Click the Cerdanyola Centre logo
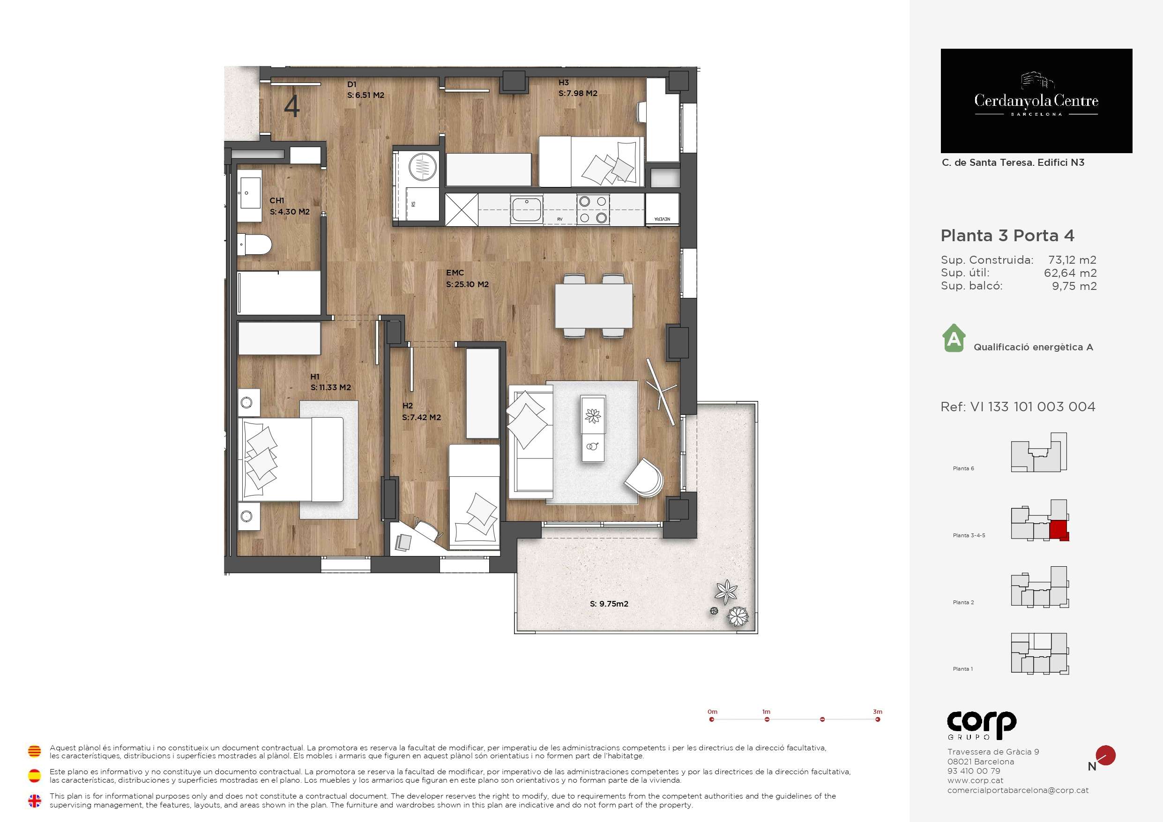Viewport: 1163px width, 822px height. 1036,101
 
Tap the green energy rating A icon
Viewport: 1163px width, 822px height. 954,338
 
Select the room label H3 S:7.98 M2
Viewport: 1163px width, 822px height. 578,88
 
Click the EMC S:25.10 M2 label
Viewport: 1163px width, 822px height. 467,279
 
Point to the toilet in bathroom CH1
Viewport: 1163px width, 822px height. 254,245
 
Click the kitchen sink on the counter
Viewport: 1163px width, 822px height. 527,210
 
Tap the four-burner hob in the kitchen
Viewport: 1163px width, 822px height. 593,210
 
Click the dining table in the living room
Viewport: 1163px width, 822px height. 594,306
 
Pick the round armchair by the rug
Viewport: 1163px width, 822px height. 644,478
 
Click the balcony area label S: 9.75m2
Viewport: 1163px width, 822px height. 609,604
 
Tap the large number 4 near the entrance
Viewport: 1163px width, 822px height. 292,106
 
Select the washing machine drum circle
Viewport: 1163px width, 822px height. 423,166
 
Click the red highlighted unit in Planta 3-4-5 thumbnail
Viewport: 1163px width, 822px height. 1059,530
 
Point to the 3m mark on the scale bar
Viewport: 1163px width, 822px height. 878,719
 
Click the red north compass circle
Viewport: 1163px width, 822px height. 1106,755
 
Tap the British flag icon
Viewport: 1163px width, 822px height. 35,801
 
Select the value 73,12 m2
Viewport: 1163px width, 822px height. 1072,260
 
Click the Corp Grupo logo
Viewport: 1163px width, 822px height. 981,725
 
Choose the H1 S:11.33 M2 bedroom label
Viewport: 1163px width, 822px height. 330,382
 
